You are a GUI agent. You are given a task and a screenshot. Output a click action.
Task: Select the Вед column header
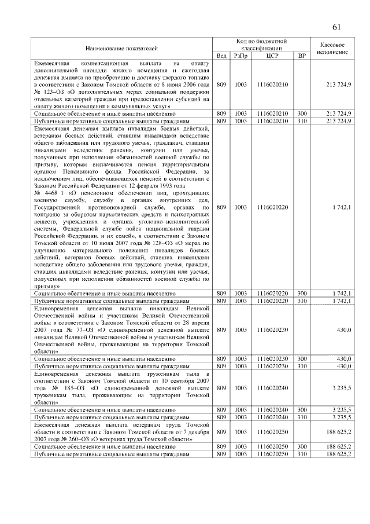221,56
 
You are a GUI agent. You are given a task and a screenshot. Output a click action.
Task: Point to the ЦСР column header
273,56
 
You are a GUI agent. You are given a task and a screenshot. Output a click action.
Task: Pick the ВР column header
301,56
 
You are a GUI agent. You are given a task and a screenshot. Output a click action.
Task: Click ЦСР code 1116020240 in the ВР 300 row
273,409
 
